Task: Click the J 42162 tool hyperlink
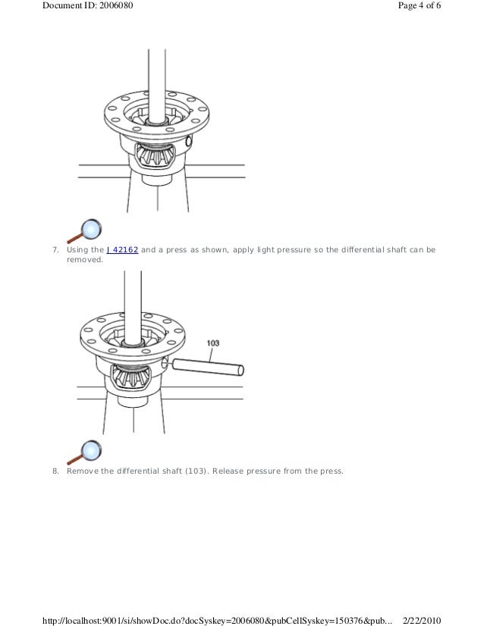coord(122,250)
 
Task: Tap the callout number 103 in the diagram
coord(213,343)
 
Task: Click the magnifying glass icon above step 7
coord(84,230)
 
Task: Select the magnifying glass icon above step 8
coord(84,452)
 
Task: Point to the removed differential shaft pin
coord(208,367)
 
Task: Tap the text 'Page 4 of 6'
coord(420,5)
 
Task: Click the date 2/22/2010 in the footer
coord(422,621)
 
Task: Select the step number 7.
coord(55,250)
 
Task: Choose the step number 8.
coord(55,471)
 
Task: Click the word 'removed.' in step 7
coord(85,259)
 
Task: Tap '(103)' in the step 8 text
coord(196,471)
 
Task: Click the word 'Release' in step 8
coord(228,471)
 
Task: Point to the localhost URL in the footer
coord(217,621)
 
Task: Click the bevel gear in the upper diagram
coord(153,155)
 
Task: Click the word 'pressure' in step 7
coord(294,250)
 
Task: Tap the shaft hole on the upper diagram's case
coord(189,140)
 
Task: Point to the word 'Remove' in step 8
coord(83,471)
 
